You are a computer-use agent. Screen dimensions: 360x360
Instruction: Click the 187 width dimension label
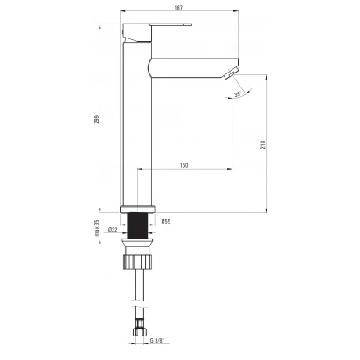[178, 8]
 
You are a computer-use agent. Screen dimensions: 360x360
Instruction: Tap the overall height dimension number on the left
[97, 120]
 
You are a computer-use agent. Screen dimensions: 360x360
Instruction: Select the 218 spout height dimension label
[263, 145]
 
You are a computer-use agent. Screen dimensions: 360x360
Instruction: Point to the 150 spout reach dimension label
[183, 165]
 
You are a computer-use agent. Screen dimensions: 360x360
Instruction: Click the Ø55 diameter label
[166, 222]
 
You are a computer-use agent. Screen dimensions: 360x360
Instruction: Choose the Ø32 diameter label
[113, 230]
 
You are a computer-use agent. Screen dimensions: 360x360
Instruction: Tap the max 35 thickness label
[97, 227]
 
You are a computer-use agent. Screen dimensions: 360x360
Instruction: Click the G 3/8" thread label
[157, 340]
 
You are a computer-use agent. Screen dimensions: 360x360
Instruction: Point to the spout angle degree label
[238, 94]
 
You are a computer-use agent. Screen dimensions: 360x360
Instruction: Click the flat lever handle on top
[170, 24]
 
